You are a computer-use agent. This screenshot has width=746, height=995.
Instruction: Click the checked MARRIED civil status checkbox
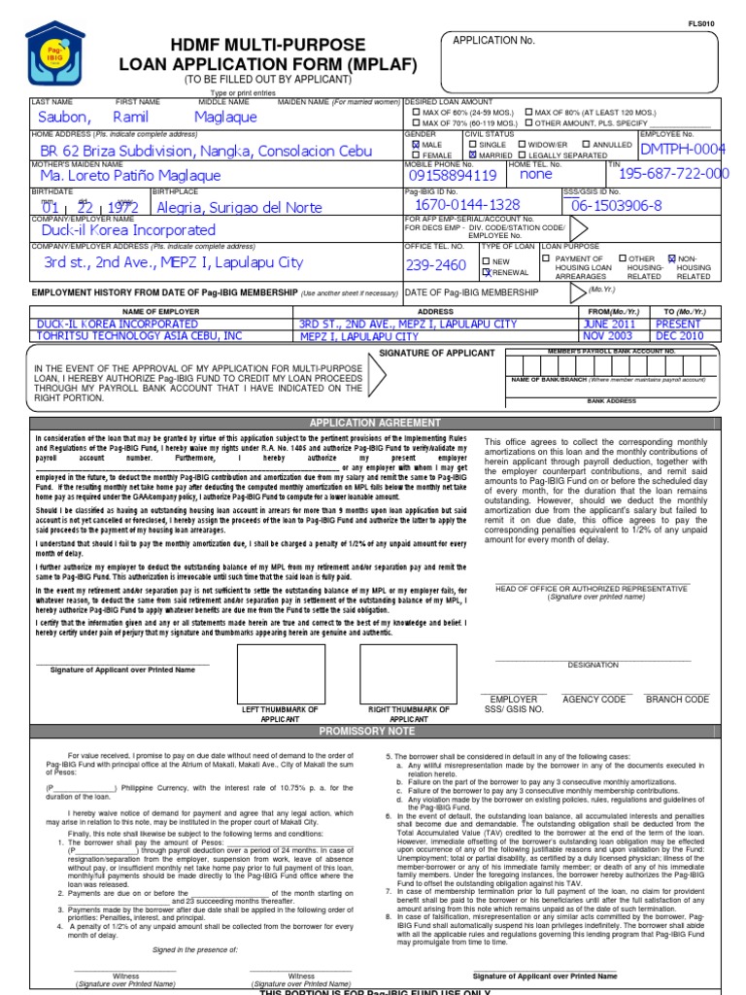coord(473,154)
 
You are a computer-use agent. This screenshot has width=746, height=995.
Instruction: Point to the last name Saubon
coord(62,117)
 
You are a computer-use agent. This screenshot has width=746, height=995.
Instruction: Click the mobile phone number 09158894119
coord(453,176)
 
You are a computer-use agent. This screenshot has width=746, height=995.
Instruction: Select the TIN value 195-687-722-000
coord(673,174)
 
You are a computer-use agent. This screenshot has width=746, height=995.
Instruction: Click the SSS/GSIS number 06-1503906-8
coord(616,205)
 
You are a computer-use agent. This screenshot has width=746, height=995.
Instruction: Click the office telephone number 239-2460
coord(436,265)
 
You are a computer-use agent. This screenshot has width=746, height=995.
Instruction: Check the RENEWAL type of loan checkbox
coord(488,273)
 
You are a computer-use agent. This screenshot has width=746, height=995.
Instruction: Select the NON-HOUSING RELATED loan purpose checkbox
coord(671,259)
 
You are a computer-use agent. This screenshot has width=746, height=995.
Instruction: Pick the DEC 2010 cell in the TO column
coord(677,336)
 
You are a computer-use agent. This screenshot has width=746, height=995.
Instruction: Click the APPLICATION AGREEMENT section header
coord(373,423)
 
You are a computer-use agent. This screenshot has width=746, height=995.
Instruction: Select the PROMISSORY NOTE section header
coord(373,731)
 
